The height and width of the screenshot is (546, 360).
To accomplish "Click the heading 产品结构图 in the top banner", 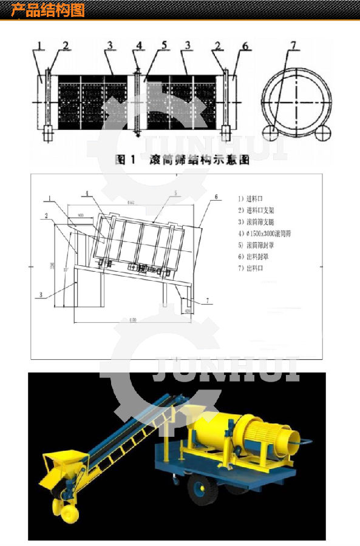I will coord(48,10).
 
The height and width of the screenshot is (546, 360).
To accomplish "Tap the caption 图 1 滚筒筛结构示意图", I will coord(182,160).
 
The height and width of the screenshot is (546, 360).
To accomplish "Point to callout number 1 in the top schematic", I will coord(39,45).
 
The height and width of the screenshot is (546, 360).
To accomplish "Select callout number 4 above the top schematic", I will coord(139,45).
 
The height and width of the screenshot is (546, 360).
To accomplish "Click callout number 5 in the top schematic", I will coord(164,45).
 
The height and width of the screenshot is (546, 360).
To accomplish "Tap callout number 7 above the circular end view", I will coord(293,45).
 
